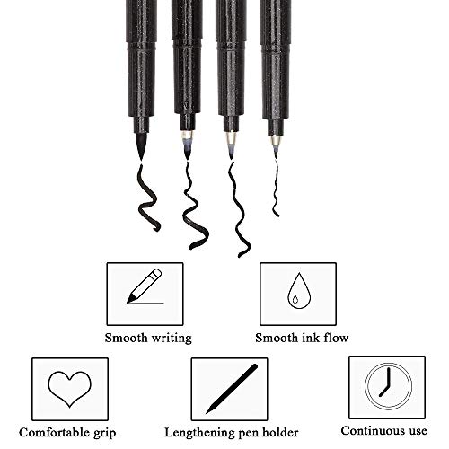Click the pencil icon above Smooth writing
[x=145, y=286]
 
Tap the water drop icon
[x=298, y=291]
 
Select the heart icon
[x=69, y=389]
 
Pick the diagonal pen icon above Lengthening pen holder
[x=232, y=389]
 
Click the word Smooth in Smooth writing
[x=126, y=338]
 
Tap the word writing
[x=172, y=339]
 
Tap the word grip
[x=105, y=434]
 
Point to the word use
[x=418, y=432]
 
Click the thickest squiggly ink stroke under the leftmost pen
[x=147, y=198]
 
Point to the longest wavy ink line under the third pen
[x=238, y=209]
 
